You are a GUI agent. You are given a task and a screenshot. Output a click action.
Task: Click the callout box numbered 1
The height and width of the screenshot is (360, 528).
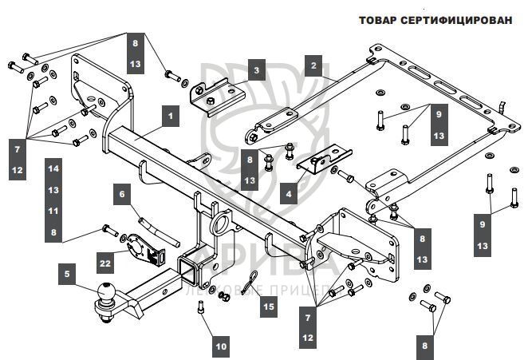click(170, 116)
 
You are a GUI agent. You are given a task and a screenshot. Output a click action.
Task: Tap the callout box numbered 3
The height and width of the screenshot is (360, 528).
click(256, 70)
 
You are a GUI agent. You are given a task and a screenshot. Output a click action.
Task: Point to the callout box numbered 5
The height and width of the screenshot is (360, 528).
click(68, 275)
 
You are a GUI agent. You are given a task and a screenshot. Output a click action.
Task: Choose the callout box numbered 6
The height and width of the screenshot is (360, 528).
click(123, 192)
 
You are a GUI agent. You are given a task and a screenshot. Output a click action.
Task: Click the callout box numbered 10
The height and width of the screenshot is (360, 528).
click(221, 346)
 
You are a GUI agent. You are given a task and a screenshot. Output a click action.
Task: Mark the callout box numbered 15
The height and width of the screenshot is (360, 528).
click(269, 306)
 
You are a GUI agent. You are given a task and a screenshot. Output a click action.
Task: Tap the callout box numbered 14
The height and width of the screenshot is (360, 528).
click(53, 168)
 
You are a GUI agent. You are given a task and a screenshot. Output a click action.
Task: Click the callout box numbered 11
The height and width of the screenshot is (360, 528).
click(53, 211)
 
